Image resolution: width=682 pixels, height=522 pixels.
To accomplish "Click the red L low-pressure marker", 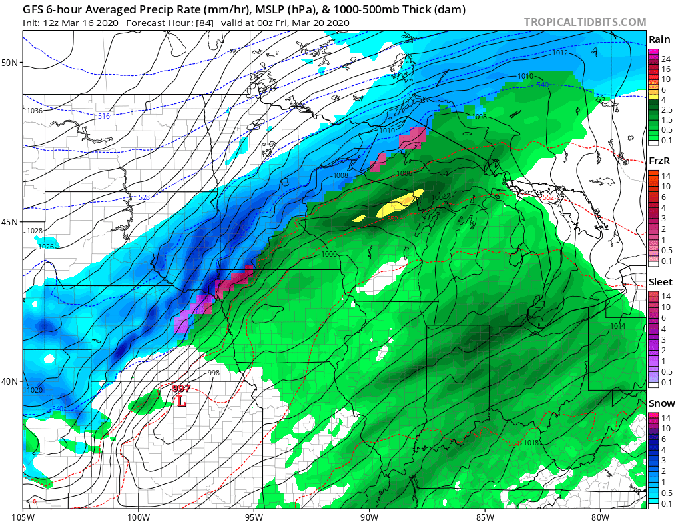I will point(181,401).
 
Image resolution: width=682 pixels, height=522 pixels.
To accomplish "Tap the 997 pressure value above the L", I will point(181,389).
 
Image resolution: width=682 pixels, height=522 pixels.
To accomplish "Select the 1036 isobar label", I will point(35,111).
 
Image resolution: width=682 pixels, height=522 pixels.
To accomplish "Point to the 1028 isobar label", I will point(35,231).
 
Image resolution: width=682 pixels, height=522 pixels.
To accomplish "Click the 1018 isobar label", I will point(531,443).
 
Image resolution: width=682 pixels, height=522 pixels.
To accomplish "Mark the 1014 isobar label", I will point(617,326).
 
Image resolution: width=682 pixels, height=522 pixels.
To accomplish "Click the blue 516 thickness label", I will point(103,117).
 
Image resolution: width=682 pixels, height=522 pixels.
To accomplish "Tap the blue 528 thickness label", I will point(144,197).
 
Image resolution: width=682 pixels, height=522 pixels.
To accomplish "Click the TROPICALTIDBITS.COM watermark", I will point(585,23).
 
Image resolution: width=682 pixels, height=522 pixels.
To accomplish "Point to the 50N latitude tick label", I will point(11,63).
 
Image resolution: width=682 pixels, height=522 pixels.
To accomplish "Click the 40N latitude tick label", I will point(11,381).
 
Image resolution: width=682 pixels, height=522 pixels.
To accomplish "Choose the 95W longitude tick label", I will point(254,515).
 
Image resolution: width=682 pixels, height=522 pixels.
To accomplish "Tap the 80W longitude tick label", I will point(600,515).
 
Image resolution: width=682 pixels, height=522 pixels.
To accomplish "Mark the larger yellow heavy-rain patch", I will point(400,203).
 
